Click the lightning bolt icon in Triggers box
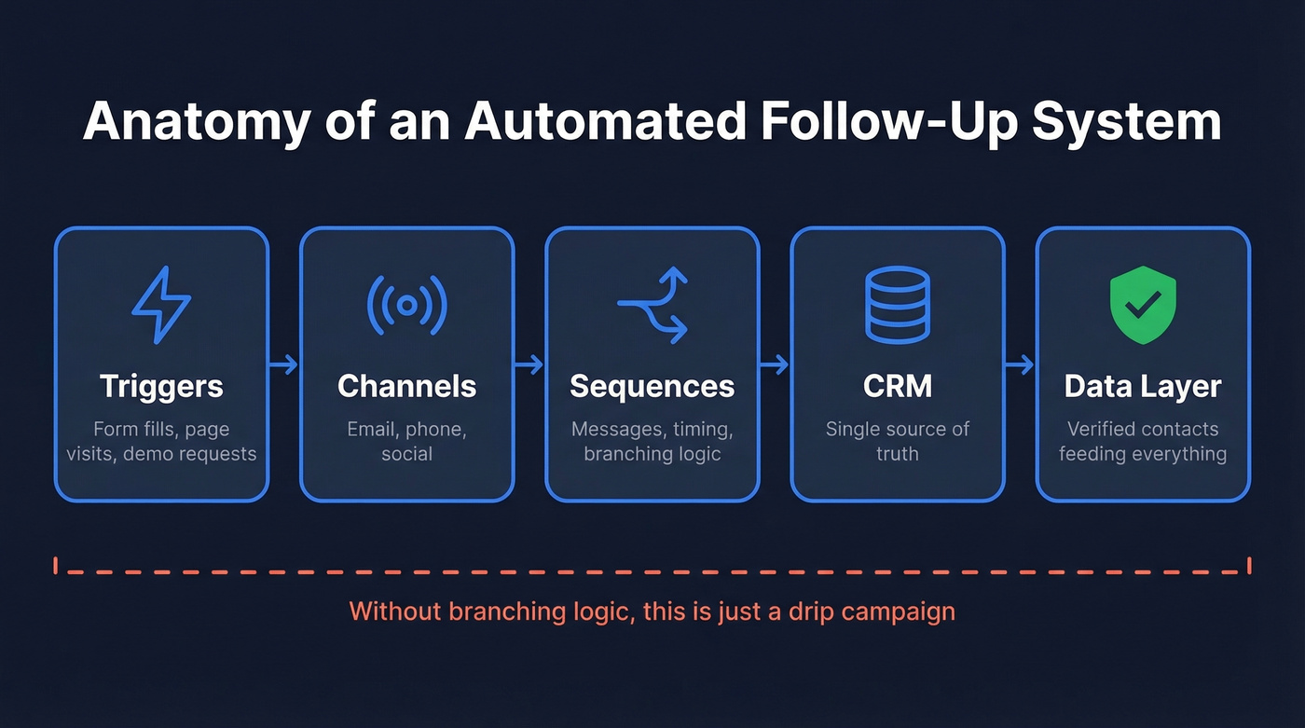click(x=161, y=305)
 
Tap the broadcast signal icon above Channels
click(x=406, y=305)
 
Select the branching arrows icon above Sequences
click(x=652, y=305)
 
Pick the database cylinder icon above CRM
click(x=897, y=305)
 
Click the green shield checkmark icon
click(x=1143, y=305)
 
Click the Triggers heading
click(x=161, y=386)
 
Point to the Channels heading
click(x=406, y=386)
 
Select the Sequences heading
click(x=652, y=386)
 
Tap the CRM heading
click(x=897, y=386)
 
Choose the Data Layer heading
click(x=1143, y=386)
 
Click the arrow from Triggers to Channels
click(x=284, y=364)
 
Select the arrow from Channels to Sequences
click(x=529, y=364)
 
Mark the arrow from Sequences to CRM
click(x=775, y=364)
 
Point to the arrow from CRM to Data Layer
click(x=1020, y=364)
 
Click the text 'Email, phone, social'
click(x=406, y=441)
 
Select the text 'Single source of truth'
click(x=897, y=441)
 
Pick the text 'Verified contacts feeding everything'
click(x=1143, y=441)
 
